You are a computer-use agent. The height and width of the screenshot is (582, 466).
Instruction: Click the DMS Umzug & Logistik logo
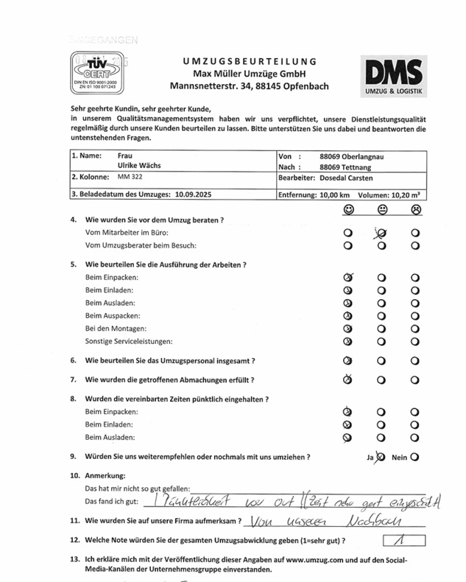[x=394, y=77]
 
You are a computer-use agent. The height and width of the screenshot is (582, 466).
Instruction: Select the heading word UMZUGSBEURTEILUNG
[x=250, y=61]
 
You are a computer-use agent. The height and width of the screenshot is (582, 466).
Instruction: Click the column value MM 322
[x=130, y=178]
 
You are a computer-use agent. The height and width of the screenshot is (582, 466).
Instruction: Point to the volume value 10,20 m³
[x=405, y=194]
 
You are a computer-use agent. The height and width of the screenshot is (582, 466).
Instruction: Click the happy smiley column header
[x=347, y=210]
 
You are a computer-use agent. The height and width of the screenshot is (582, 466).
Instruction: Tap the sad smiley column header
[x=416, y=210]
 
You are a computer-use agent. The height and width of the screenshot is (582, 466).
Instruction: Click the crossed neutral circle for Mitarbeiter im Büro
[x=382, y=234]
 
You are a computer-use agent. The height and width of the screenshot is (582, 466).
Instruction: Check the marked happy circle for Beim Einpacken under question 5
[x=348, y=278]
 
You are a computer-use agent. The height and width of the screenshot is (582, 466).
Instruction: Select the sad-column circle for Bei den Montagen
[x=416, y=328]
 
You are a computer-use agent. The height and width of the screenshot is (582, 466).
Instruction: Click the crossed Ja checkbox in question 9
[x=381, y=457]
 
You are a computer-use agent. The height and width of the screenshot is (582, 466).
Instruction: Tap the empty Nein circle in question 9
[x=415, y=457]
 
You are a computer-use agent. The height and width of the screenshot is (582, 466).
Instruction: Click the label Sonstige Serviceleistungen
[x=129, y=341]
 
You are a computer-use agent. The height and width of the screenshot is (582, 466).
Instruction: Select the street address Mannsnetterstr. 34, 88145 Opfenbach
[x=250, y=86]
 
